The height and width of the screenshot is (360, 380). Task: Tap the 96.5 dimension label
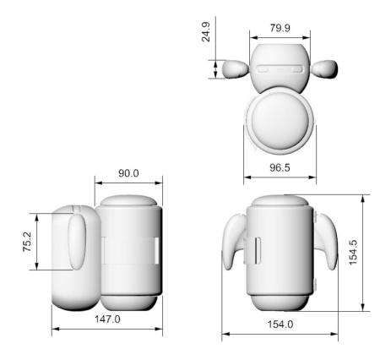pos(279,168)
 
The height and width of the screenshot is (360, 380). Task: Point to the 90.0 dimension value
pos(128,173)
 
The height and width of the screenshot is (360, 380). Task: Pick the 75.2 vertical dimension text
pos(27,243)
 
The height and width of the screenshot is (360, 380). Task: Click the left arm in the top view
pos(231,68)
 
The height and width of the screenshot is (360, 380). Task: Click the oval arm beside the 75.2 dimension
pos(77,241)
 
